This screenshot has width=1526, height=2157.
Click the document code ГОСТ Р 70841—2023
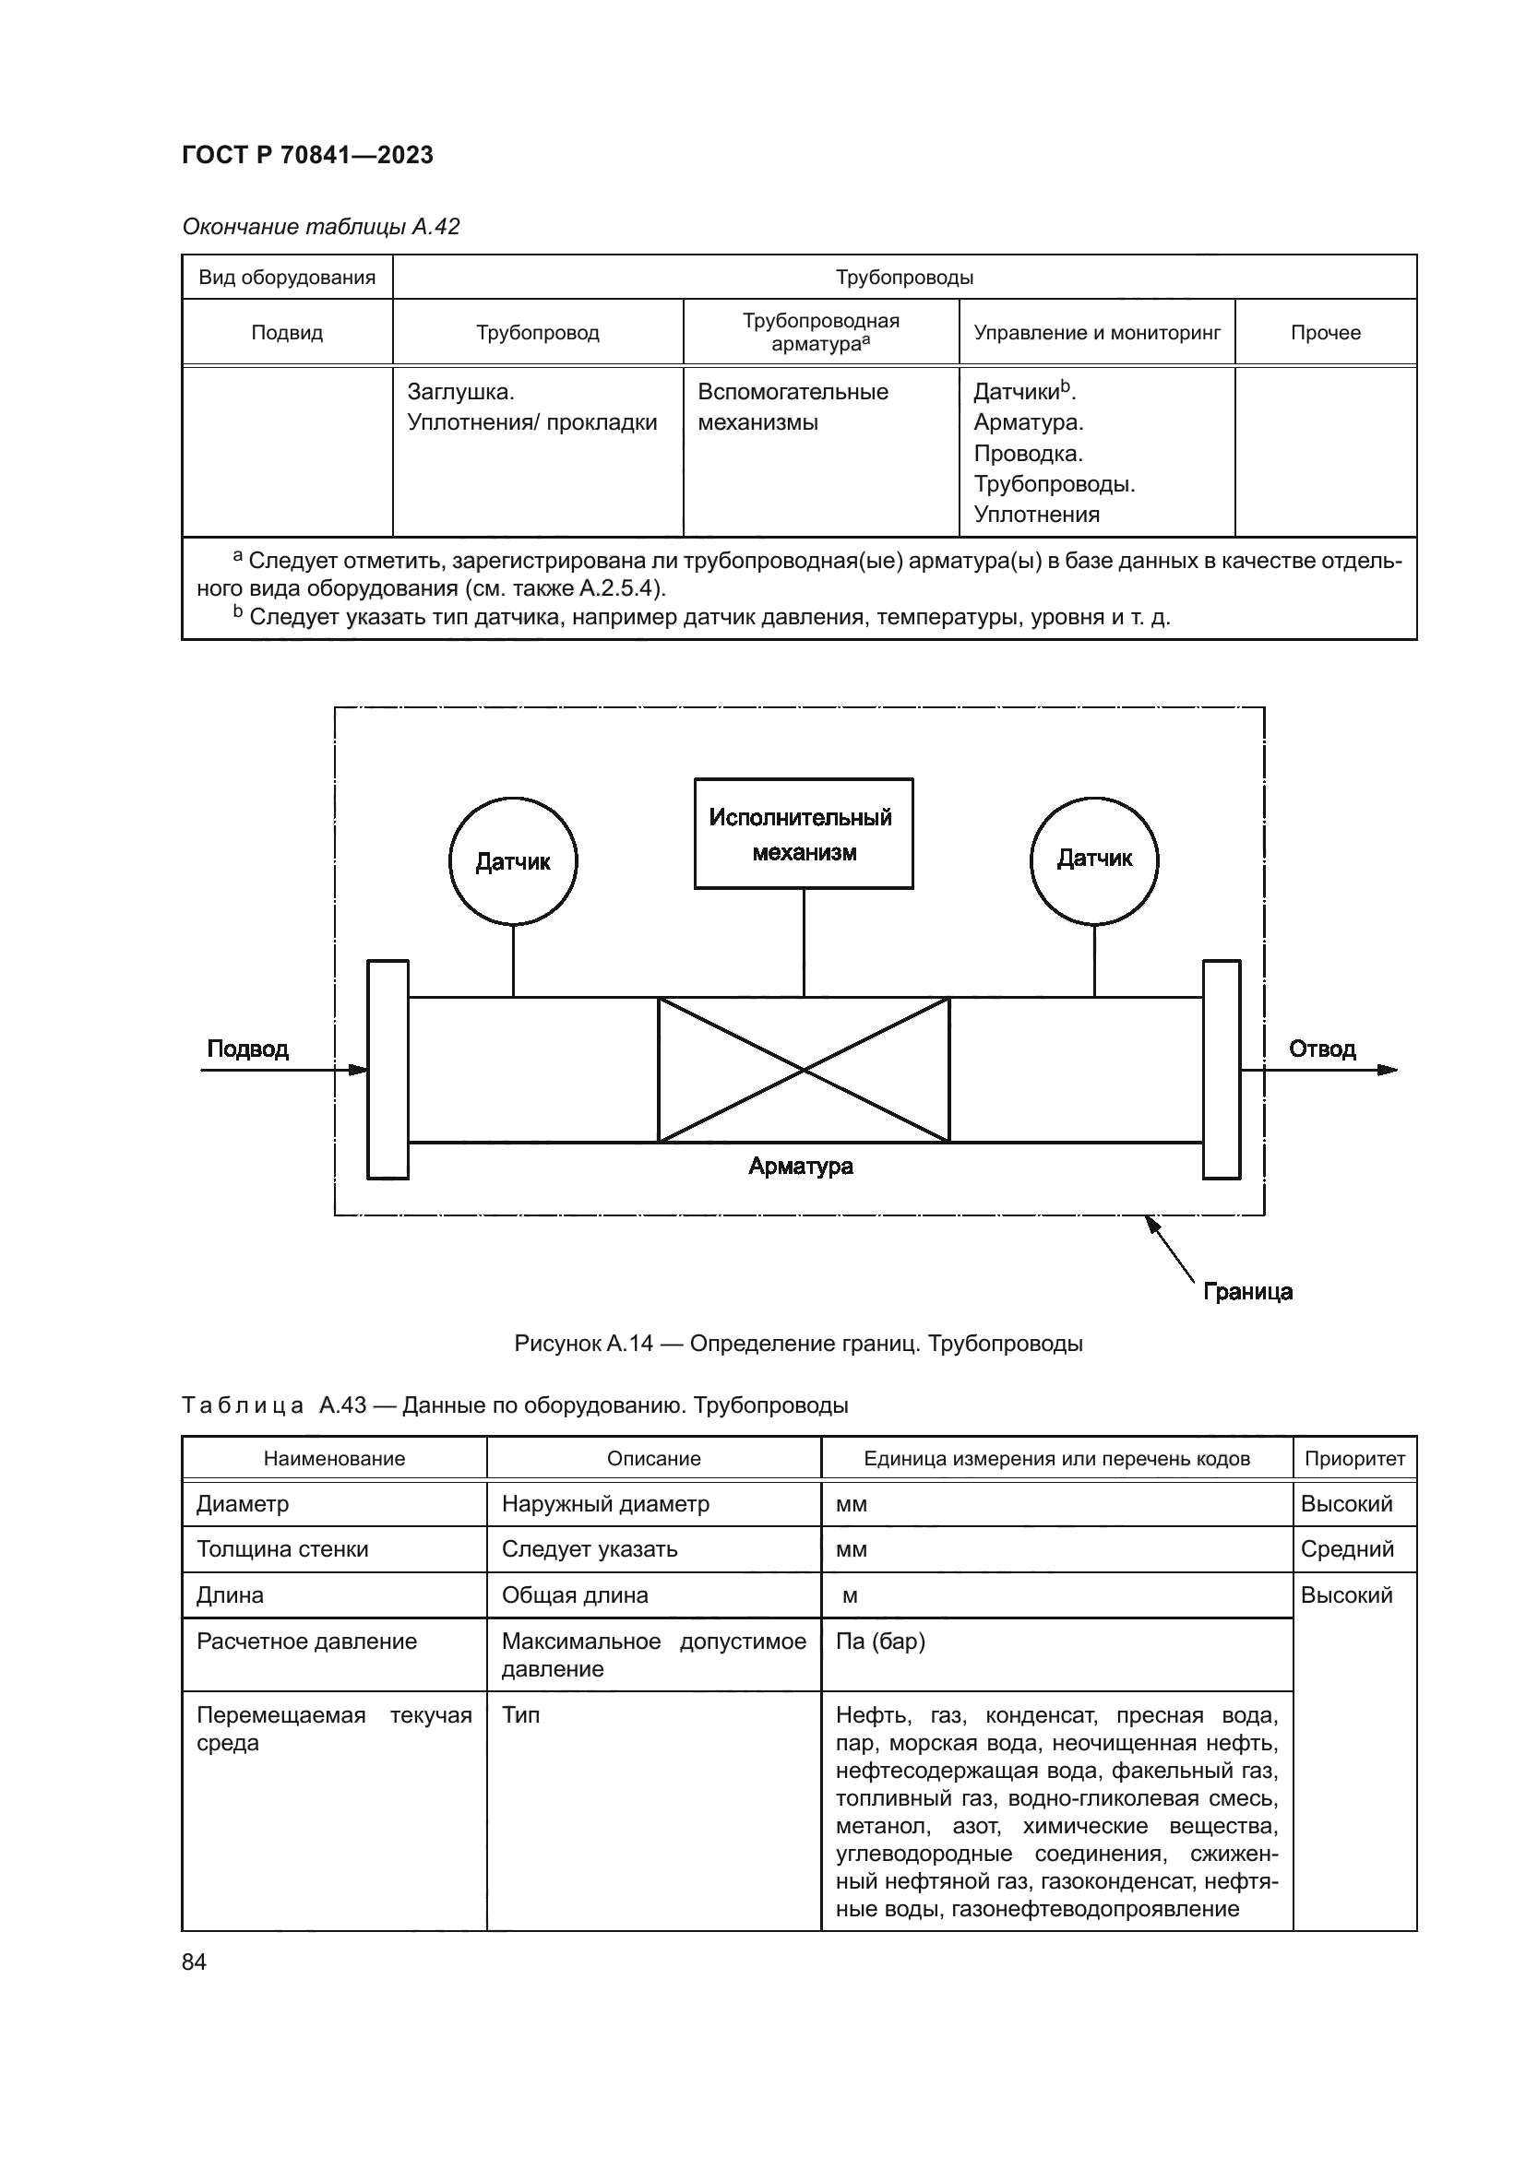[x=307, y=155]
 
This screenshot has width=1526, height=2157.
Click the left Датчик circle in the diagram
[x=513, y=861]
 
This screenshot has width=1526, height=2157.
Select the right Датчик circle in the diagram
[x=1094, y=859]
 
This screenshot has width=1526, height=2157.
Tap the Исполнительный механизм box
[x=804, y=835]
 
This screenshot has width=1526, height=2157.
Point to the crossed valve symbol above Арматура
[x=804, y=1069]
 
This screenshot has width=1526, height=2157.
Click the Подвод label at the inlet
[x=247, y=1049]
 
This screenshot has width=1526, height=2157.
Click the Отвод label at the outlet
[x=1322, y=1049]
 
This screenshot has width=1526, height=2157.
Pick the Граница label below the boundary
[x=1248, y=1292]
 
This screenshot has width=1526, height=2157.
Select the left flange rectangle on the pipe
[x=387, y=1069]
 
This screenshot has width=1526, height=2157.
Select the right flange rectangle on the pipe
[x=1222, y=1069]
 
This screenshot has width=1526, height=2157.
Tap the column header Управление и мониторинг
[x=1097, y=333]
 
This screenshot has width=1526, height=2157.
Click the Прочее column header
[x=1325, y=333]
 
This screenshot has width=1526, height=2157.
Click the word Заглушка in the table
[x=460, y=392]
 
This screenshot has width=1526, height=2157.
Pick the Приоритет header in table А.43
[x=1354, y=1459]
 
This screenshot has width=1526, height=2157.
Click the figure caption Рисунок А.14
[x=798, y=1344]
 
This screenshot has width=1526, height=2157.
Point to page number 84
[x=195, y=1961]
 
